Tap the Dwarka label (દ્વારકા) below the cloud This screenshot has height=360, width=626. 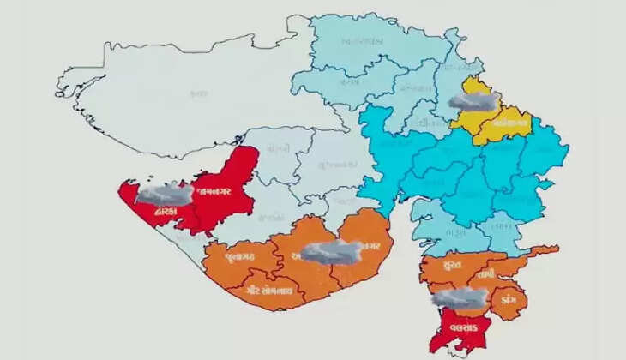[166, 210]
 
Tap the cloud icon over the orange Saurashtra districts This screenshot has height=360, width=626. [330, 251]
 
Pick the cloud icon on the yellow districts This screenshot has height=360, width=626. [474, 100]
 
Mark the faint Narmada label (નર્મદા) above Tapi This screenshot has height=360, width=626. [502, 227]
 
